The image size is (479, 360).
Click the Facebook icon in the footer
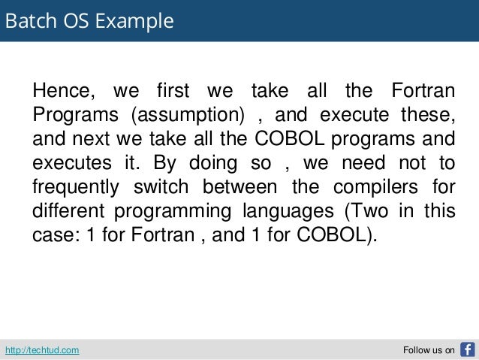(x=467, y=349)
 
